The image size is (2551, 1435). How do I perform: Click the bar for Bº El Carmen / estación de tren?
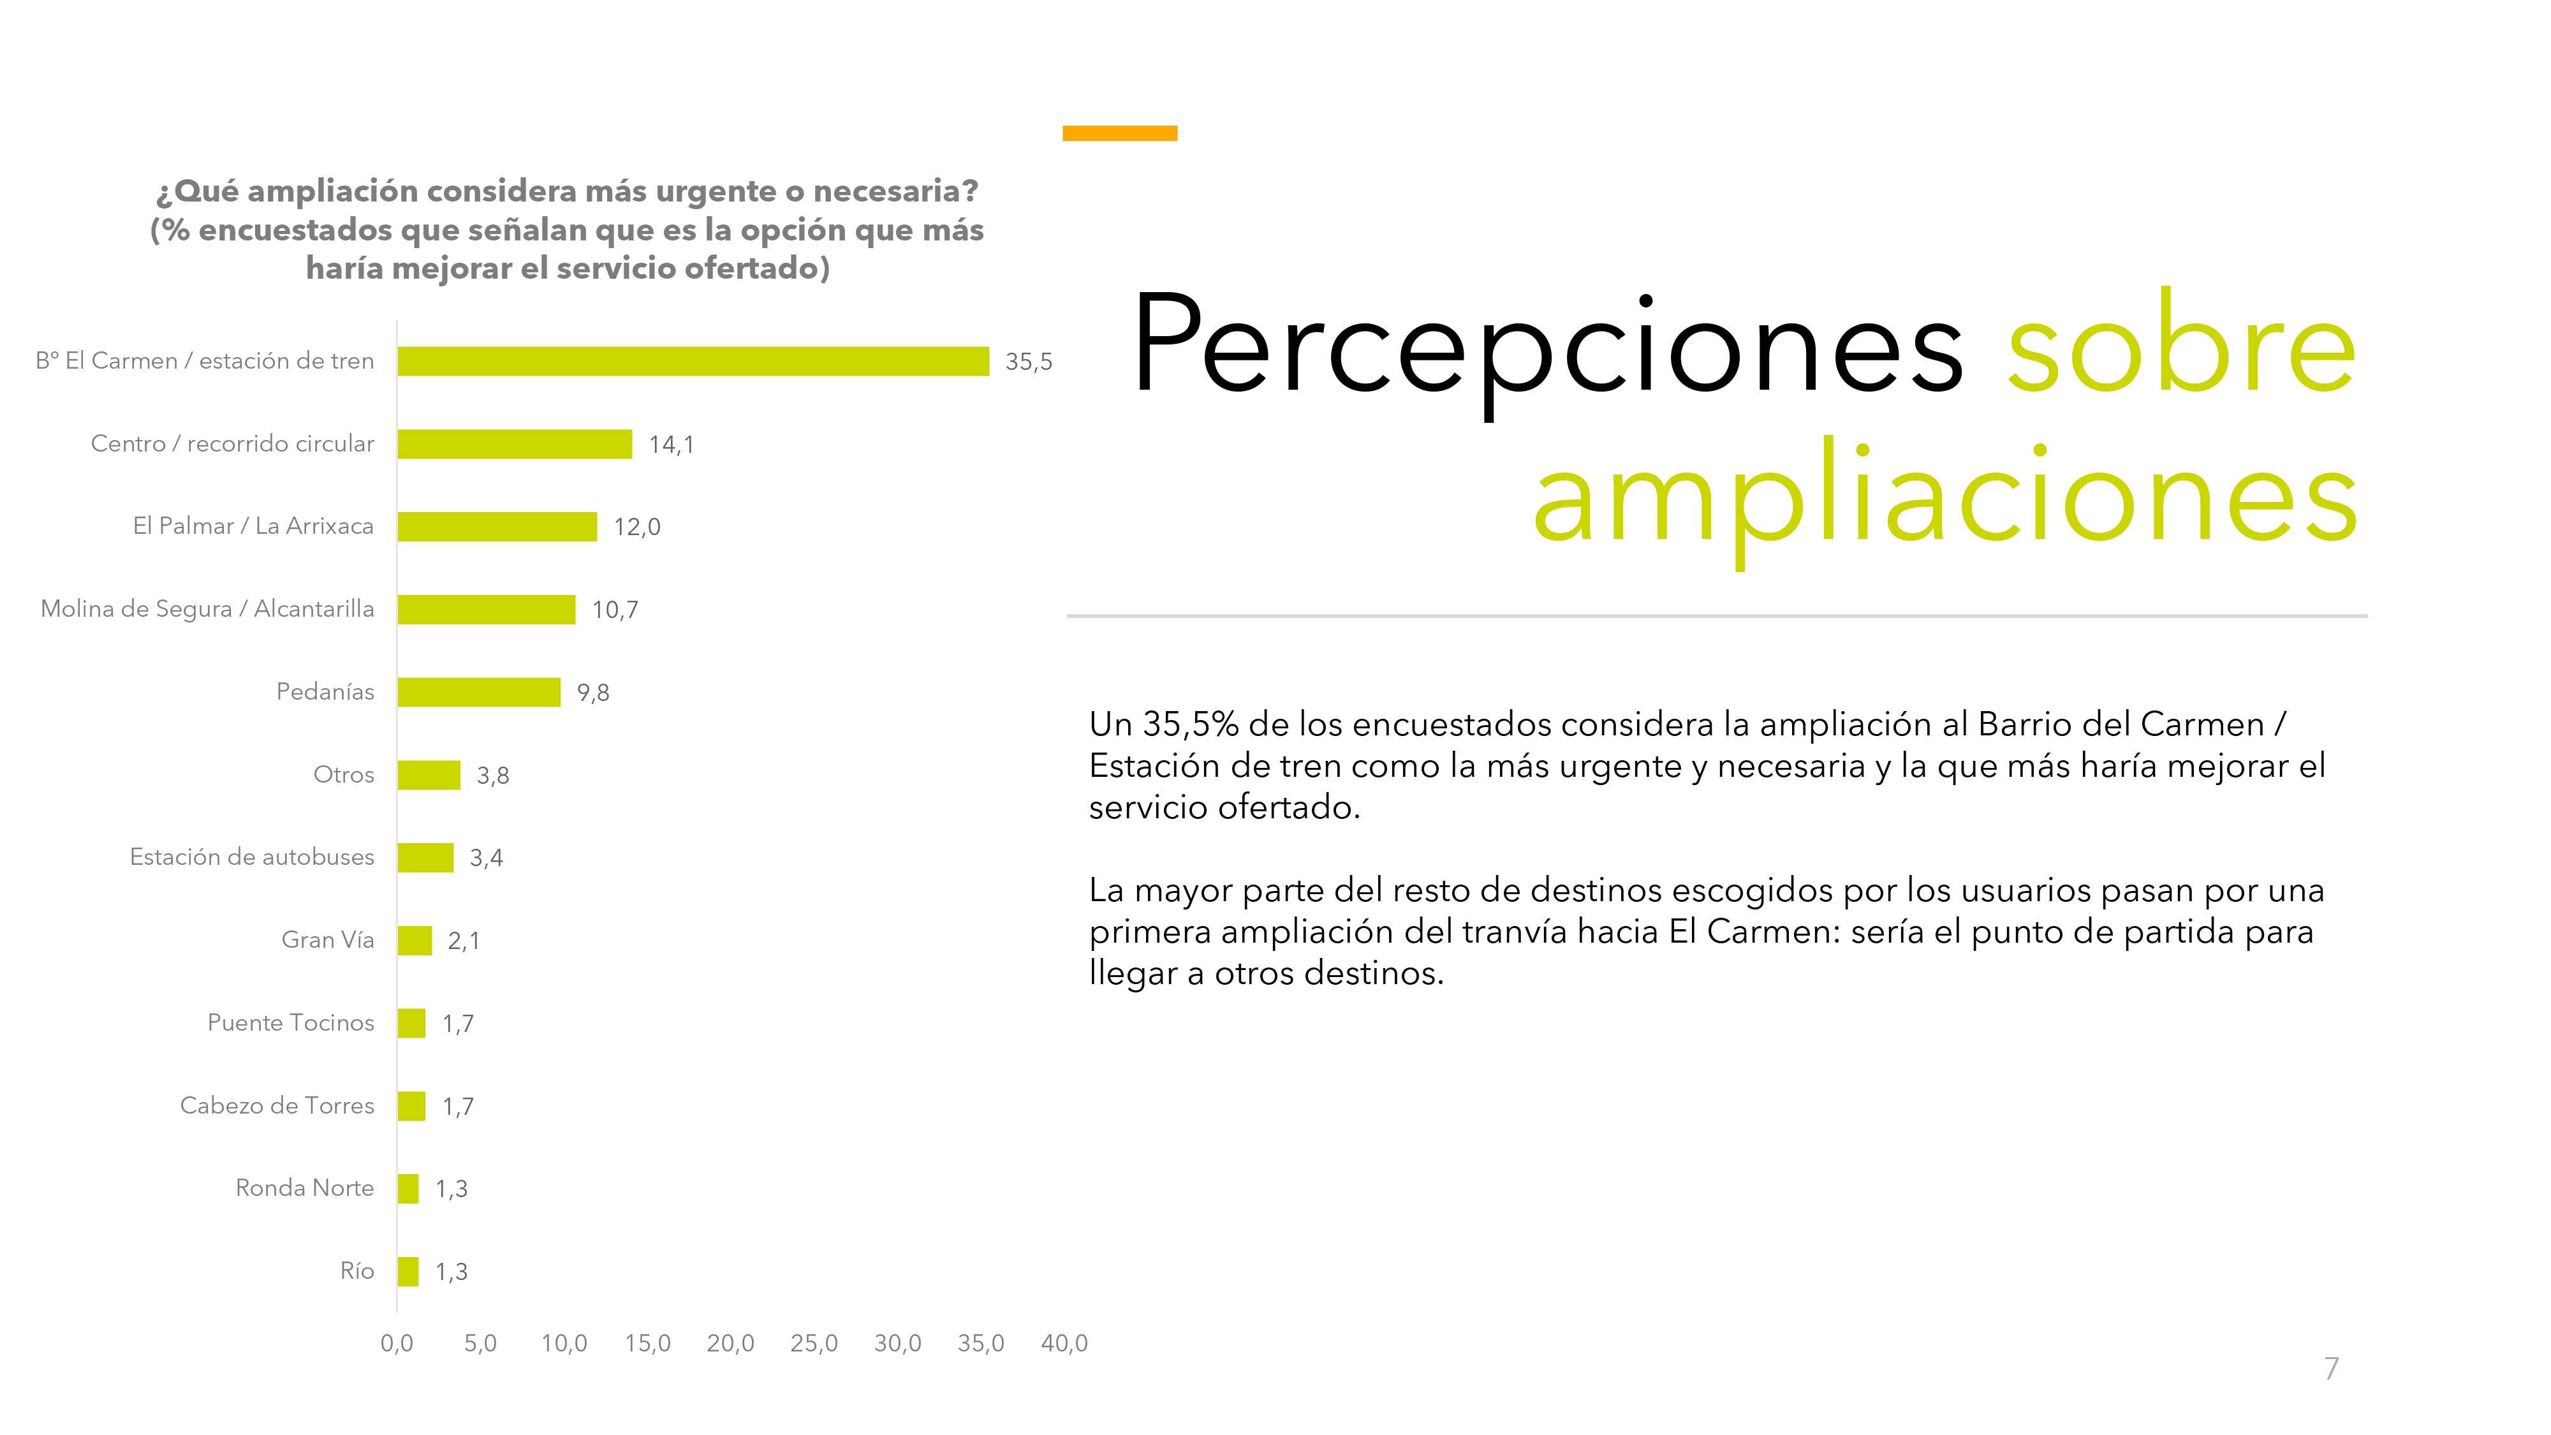tap(693, 362)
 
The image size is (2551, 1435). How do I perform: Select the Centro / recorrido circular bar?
tap(515, 444)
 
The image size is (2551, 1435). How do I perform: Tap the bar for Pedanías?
tap(480, 692)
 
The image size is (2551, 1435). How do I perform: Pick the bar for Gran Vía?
tap(415, 941)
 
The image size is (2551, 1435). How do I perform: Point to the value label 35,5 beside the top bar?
tap(1028, 362)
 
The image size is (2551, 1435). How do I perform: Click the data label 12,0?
tap(636, 527)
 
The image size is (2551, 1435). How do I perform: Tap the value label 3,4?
tap(486, 858)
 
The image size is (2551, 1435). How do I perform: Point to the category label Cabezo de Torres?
tap(277, 1105)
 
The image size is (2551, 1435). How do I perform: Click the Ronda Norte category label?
tap(305, 1188)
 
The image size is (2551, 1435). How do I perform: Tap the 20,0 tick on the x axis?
tap(731, 1343)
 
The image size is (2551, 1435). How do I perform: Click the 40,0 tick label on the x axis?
tap(1064, 1343)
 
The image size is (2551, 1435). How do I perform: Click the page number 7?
tap(2331, 1369)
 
